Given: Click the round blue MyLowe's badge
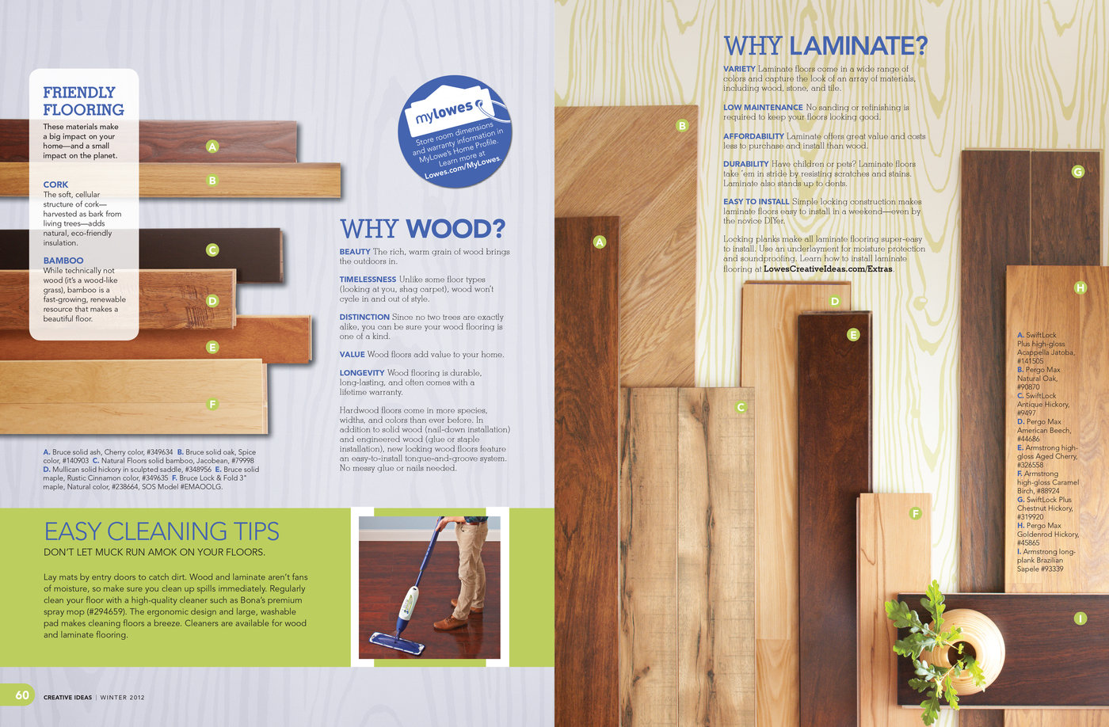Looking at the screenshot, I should [x=455, y=131].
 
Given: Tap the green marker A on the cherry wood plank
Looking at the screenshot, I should [x=212, y=146].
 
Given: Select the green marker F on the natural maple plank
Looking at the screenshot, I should [x=212, y=405].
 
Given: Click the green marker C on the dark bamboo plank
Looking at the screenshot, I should [x=212, y=250].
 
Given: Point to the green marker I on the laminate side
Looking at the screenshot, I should [x=1080, y=619].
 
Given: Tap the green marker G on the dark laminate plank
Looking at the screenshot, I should [x=1077, y=171].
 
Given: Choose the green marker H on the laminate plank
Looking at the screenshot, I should [x=1080, y=287].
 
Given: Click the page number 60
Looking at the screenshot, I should [x=22, y=695].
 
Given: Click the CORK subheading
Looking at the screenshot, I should [x=55, y=185].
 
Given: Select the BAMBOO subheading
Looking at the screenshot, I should [x=63, y=261].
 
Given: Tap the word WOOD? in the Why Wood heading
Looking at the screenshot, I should [x=455, y=230].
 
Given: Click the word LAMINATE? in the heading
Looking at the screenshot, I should [x=858, y=46].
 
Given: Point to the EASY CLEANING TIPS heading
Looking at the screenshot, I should [x=162, y=531].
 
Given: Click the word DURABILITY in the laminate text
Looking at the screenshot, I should [x=745, y=164].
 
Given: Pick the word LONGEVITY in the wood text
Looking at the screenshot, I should [x=362, y=373].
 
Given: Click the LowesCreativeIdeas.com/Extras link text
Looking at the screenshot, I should [x=828, y=269].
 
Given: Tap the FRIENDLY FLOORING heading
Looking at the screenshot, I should [x=83, y=101].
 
